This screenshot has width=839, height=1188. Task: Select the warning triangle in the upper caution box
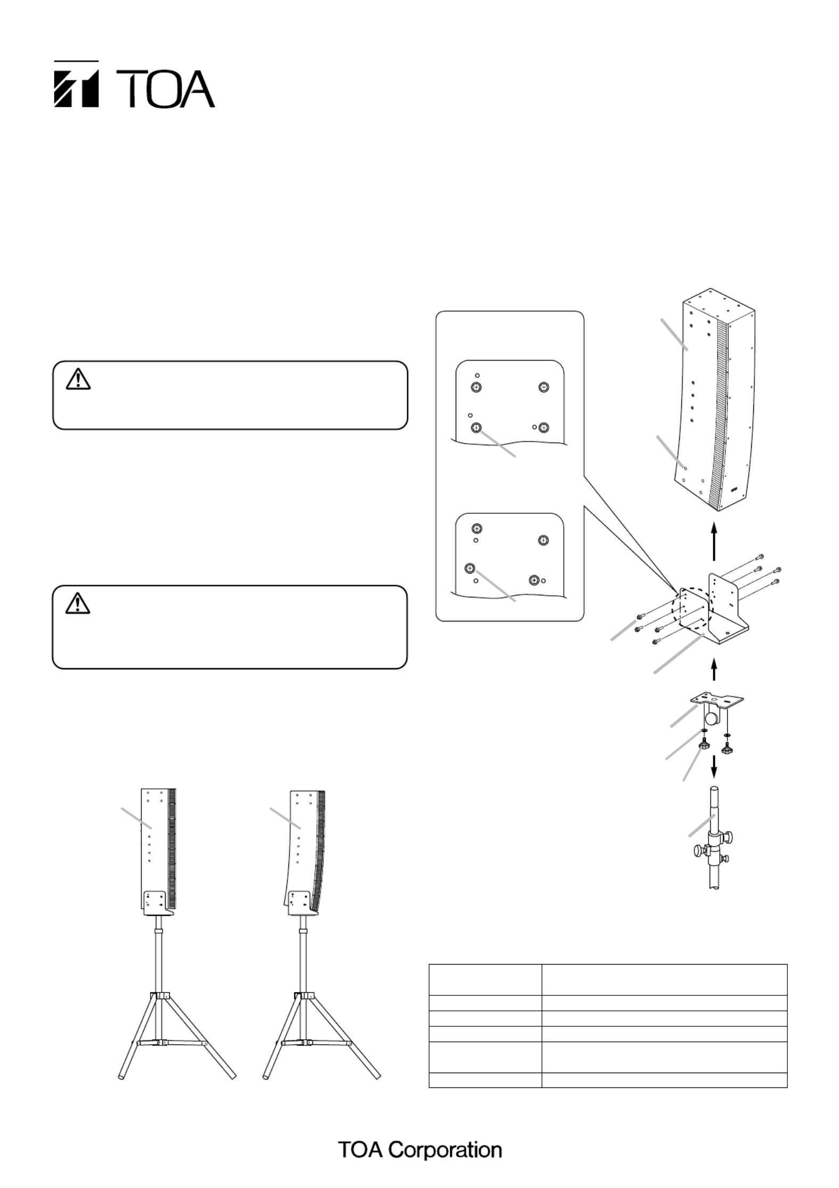pos(79,379)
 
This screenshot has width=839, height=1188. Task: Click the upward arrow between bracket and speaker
pos(714,542)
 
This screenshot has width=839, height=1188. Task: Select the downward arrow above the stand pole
pos(714,767)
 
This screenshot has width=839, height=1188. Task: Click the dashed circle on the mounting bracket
pos(692,609)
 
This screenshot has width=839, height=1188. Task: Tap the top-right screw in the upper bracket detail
pos(543,387)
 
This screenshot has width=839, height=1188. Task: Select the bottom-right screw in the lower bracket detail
pos(534,580)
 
